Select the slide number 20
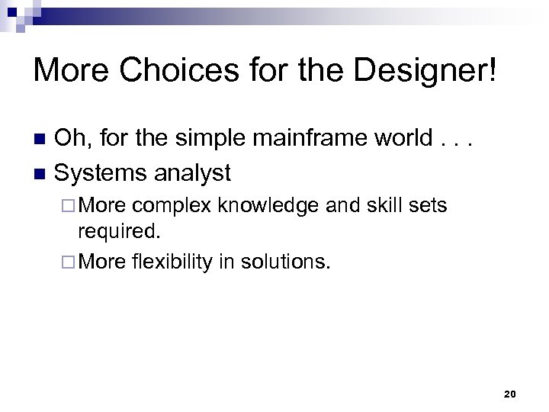click(x=510, y=394)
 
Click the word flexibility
click(x=172, y=262)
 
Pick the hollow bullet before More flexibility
click(x=71, y=263)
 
